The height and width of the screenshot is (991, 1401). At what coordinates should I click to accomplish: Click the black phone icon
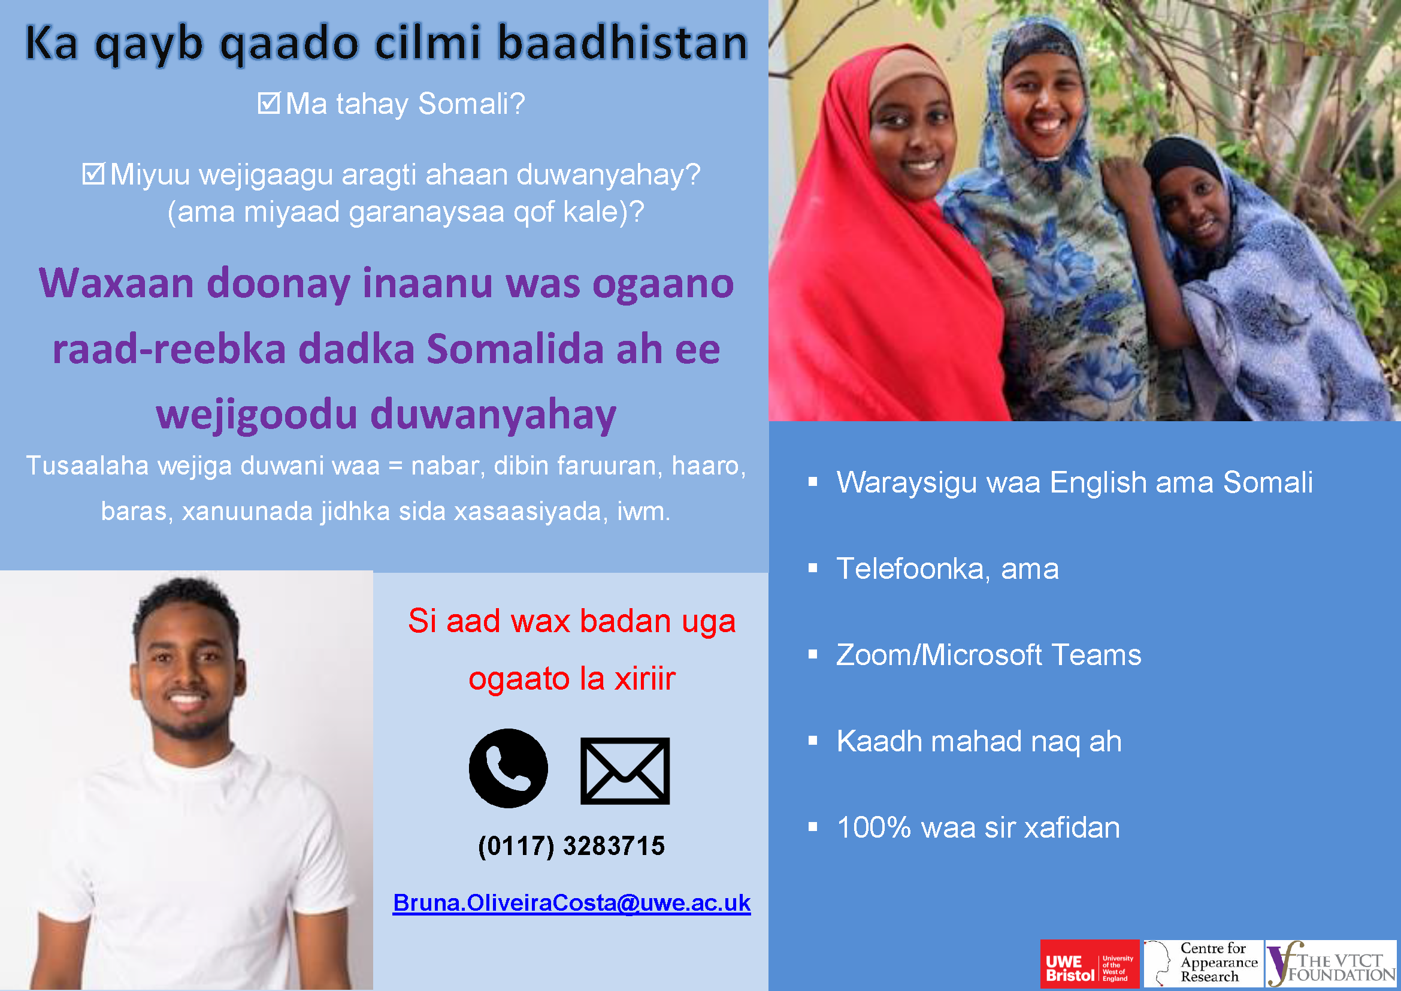point(508,768)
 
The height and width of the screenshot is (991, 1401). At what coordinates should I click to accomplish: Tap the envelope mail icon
point(625,771)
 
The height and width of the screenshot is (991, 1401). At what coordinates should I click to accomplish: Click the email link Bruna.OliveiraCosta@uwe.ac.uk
point(571,902)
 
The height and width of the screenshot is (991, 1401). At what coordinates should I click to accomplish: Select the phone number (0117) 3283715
point(571,846)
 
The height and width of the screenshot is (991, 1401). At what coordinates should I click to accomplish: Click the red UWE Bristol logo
point(1090,964)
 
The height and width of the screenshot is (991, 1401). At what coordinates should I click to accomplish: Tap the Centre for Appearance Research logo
point(1203,964)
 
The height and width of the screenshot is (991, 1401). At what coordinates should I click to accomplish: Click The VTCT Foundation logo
point(1332,964)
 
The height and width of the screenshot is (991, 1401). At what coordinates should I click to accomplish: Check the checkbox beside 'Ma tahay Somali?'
point(268,103)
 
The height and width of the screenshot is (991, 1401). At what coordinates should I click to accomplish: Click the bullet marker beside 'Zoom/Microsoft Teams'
point(813,655)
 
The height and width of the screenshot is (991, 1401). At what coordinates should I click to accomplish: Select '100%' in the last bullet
point(874,827)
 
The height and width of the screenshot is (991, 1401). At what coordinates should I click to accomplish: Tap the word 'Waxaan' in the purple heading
point(117,283)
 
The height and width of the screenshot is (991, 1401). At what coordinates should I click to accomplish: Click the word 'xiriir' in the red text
point(645,679)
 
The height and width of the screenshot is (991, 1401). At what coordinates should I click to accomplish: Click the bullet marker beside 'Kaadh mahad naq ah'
point(813,741)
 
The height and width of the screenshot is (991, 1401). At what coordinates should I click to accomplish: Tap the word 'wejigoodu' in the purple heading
point(256,415)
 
